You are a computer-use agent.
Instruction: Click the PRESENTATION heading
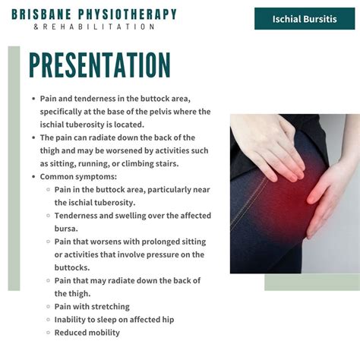point(99,67)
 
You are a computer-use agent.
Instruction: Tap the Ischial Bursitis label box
point(304,18)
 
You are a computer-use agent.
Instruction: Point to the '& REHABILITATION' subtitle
point(95,27)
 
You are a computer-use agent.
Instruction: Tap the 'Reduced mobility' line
point(87,332)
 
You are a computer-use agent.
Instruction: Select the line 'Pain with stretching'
point(92,306)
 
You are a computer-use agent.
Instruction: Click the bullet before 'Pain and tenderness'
point(33,99)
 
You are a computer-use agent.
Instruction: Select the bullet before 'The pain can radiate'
point(33,137)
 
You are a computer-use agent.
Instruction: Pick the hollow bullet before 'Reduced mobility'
point(47,332)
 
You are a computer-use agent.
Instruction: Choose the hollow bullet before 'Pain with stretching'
point(47,306)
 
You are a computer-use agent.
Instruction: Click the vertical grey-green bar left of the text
point(14,167)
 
